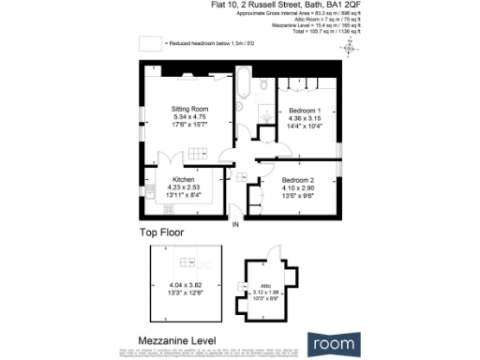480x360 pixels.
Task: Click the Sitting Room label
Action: [x=188, y=109]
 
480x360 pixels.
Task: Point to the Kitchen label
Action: [x=183, y=178]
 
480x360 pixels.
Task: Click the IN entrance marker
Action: [x=236, y=224]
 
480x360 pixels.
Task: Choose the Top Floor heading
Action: [x=161, y=232]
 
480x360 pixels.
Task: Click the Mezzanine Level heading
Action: [x=177, y=340]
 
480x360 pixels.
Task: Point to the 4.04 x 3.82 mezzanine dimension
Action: [x=187, y=283]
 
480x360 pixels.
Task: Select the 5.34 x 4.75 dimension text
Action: [x=188, y=116]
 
